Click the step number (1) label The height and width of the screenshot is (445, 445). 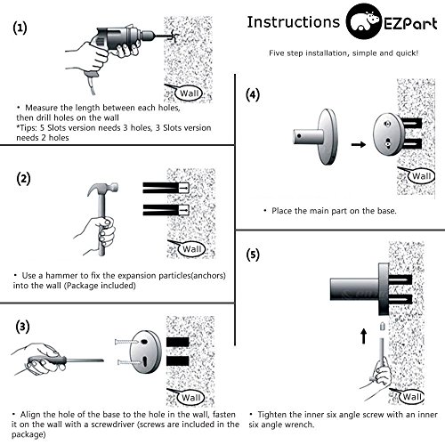(20, 28)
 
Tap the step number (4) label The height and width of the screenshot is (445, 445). (253, 95)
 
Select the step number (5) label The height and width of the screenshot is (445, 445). (253, 255)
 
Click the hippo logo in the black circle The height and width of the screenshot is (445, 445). (364, 21)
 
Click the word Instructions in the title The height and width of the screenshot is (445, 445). (294, 22)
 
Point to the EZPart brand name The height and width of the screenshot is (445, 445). (411, 24)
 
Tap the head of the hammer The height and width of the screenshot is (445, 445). (102, 189)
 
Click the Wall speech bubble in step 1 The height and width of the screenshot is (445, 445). (189, 93)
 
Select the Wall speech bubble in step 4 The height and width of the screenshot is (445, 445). (421, 176)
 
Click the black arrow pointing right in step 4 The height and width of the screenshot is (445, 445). (359, 144)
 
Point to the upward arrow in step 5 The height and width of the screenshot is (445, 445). (364, 336)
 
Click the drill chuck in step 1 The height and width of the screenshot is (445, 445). (147, 36)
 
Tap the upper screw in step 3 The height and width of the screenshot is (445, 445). (126, 342)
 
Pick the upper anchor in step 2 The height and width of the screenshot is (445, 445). (166, 188)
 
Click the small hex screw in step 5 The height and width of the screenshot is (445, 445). (383, 327)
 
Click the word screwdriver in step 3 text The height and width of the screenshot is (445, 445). (113, 425)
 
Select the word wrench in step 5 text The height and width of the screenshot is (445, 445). (297, 425)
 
